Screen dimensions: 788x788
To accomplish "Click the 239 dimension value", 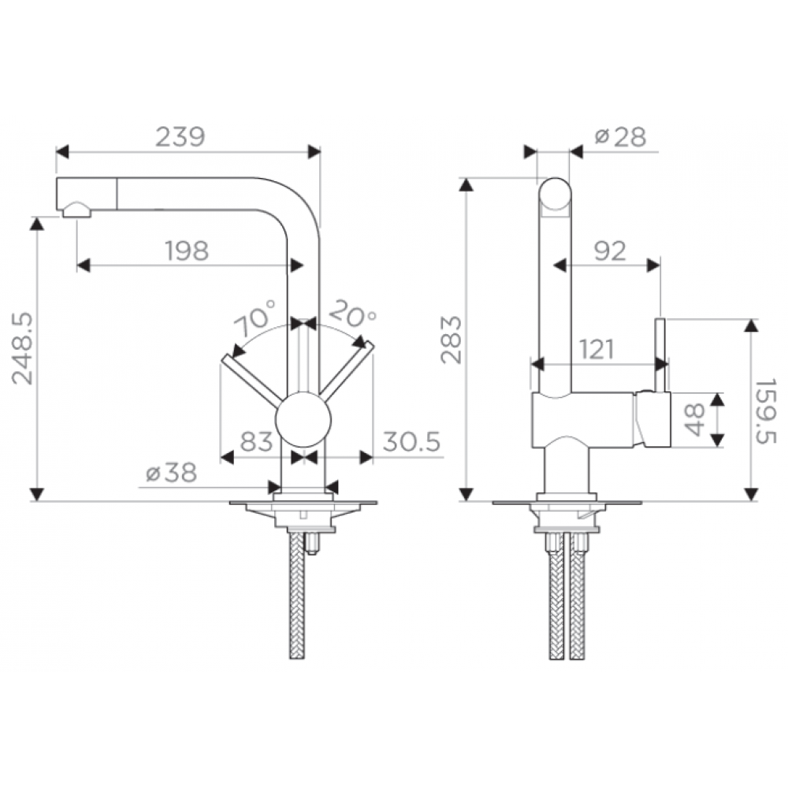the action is pyautogui.click(x=180, y=136).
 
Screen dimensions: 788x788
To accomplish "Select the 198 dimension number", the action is pyautogui.click(x=187, y=251).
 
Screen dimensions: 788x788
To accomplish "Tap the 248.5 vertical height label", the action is pyautogui.click(x=23, y=349).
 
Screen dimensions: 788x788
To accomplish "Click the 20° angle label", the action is pyautogui.click(x=353, y=314).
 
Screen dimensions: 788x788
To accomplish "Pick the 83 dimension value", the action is pyautogui.click(x=256, y=441).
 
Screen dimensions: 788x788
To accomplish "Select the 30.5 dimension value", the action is pyautogui.click(x=411, y=441).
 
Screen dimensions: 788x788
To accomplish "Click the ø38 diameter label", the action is pyautogui.click(x=171, y=472).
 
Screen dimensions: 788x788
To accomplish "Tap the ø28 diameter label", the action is pyautogui.click(x=620, y=136).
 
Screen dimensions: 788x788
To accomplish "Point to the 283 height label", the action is pyautogui.click(x=451, y=340).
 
